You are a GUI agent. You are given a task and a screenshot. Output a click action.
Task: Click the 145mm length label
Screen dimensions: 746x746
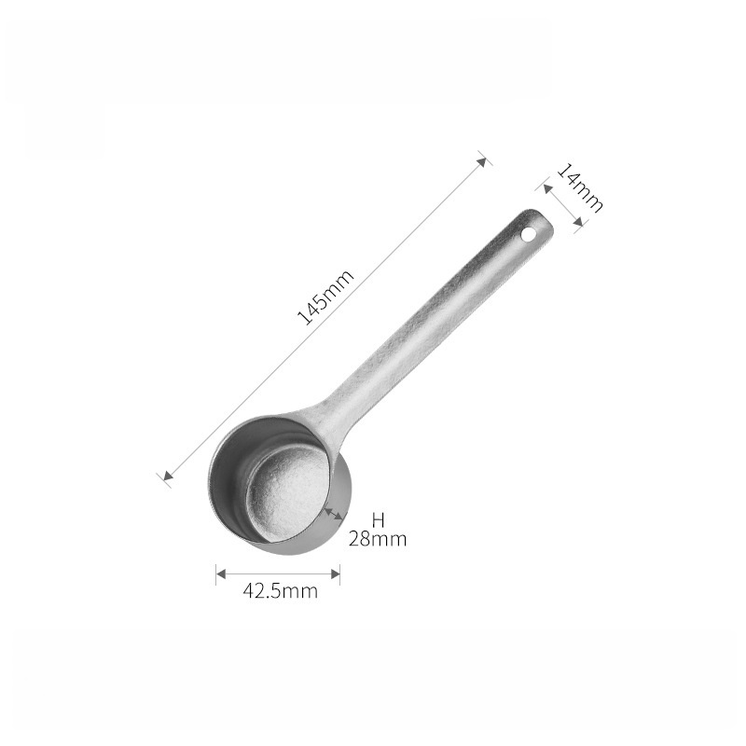click(x=325, y=297)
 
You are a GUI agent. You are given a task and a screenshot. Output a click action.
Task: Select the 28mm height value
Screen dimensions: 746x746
click(x=378, y=539)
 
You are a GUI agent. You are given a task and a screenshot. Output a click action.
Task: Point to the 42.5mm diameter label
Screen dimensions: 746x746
click(x=281, y=591)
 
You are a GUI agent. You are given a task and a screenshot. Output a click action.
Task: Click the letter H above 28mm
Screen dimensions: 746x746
click(x=378, y=520)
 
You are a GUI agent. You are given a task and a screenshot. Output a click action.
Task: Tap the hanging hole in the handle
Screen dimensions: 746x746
click(x=528, y=234)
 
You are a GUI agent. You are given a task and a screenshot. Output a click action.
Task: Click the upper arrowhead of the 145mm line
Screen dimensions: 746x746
click(x=482, y=161)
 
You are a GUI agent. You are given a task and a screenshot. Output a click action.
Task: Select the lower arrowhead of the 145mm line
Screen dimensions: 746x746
click(x=168, y=475)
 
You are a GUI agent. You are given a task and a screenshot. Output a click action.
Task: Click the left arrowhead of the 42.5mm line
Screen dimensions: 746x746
click(x=221, y=573)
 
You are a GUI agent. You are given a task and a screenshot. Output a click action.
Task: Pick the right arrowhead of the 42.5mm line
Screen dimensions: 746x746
click(x=335, y=573)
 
